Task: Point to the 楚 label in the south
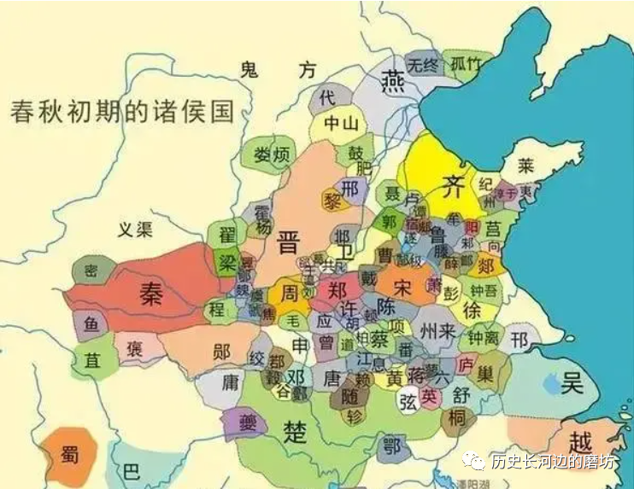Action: click(295, 430)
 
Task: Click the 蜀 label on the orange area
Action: click(70, 455)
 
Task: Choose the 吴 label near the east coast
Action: click(572, 382)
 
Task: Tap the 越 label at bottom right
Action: click(581, 443)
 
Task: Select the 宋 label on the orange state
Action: click(402, 288)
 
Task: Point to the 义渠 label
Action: click(135, 229)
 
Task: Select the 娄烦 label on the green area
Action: click(273, 154)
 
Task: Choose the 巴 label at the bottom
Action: click(130, 472)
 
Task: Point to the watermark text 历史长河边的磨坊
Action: click(552, 462)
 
